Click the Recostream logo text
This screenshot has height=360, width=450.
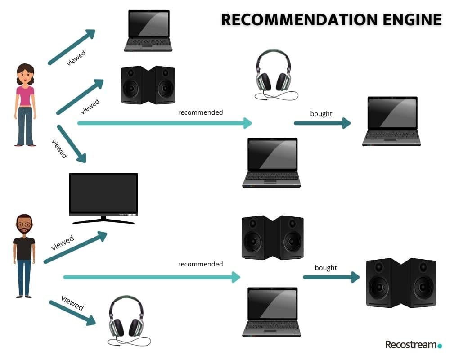tap(411, 344)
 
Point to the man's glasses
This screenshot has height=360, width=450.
tap(24, 225)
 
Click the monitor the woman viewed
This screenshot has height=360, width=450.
tap(103, 198)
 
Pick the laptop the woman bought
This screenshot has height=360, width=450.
tap(392, 121)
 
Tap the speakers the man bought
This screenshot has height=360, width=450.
tap(401, 283)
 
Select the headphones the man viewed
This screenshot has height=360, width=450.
tap(128, 321)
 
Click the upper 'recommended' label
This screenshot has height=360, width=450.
tap(200, 112)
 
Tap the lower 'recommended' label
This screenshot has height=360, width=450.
tap(200, 264)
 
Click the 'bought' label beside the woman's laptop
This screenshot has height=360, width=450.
tap(321, 114)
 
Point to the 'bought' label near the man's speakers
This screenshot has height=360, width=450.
tap(326, 268)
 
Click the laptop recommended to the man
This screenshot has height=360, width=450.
tap(272, 312)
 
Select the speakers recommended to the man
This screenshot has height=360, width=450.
tap(273, 238)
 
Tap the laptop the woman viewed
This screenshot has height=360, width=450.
tap(148, 31)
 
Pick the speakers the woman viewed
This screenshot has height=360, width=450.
tap(148, 85)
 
